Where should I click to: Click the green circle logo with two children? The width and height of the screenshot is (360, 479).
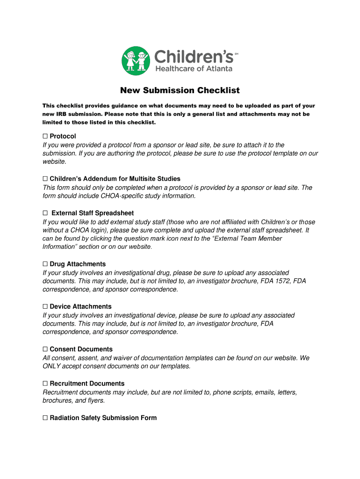click(x=136, y=60)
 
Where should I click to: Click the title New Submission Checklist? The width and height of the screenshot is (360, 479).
click(x=180, y=90)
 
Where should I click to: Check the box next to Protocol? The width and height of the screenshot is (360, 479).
click(x=45, y=136)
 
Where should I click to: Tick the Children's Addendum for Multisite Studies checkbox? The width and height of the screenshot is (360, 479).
click(x=45, y=179)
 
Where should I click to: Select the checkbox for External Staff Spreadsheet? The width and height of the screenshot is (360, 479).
click(x=45, y=213)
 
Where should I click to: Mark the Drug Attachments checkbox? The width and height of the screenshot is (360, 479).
click(x=45, y=264)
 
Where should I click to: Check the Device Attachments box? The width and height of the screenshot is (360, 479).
click(x=45, y=306)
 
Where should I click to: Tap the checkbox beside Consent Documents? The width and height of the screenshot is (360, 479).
click(x=45, y=349)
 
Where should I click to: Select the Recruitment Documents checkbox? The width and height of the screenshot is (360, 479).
click(x=45, y=383)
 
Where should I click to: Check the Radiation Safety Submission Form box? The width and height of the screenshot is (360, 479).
click(x=45, y=418)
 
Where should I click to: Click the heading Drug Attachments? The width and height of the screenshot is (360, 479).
click(x=78, y=264)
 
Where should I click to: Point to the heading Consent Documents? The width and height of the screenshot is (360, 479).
click(x=81, y=349)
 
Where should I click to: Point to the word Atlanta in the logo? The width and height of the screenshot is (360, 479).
click(x=216, y=69)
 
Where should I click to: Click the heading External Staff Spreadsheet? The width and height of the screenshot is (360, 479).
click(x=93, y=213)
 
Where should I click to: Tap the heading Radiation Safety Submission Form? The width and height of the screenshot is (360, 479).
click(x=103, y=418)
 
